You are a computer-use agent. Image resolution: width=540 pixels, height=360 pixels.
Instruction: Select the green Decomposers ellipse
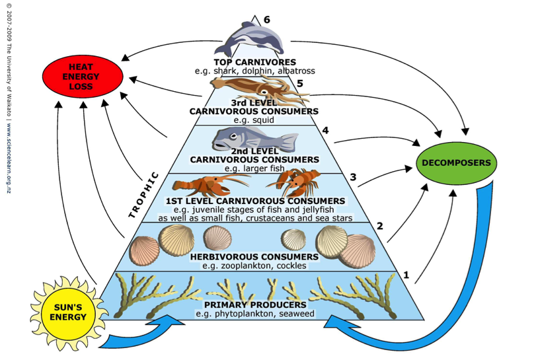[457, 162]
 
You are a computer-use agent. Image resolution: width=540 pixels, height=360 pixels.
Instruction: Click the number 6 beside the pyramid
[267, 20]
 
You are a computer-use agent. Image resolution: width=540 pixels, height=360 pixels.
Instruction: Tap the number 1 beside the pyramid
[406, 274]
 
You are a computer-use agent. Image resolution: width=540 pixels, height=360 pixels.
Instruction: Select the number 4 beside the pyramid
[325, 131]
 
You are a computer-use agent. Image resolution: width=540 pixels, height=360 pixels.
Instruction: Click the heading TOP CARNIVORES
[254, 62]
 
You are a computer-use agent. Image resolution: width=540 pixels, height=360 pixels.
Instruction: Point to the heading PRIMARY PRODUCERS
[254, 305]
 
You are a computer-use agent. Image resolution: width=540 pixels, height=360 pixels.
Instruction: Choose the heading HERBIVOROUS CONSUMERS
[254, 256]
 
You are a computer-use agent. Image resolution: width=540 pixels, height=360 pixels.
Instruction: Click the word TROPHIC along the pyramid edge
[143, 195]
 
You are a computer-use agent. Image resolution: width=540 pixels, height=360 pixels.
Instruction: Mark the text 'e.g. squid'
[254, 121]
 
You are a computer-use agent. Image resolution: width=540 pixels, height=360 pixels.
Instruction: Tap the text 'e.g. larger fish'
[254, 168]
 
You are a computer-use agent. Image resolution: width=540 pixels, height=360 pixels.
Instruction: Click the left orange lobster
[202, 184]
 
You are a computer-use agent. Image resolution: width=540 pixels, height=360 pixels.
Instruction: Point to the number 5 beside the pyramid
[299, 84]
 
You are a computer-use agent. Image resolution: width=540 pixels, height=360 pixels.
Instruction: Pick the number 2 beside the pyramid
[380, 227]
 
